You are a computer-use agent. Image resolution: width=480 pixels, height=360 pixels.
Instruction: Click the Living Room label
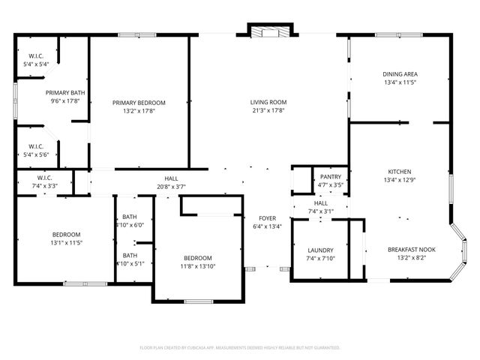pyautogui.click(x=268, y=103)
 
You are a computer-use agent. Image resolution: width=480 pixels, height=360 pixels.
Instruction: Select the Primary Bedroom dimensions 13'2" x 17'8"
pyautogui.click(x=139, y=111)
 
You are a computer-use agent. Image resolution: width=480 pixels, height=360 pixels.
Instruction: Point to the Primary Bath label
pyautogui.click(x=65, y=92)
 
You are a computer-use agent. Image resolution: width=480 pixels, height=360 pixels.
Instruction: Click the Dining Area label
pyautogui.click(x=400, y=74)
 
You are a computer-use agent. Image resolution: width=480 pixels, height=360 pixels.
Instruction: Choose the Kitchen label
pyautogui.click(x=400, y=171)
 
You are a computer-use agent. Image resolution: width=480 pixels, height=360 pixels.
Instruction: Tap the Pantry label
pyautogui.click(x=331, y=177)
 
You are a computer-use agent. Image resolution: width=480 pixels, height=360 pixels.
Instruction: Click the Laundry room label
pyautogui.click(x=320, y=250)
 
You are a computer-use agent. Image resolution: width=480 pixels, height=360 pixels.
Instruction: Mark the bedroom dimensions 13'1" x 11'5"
pyautogui.click(x=66, y=243)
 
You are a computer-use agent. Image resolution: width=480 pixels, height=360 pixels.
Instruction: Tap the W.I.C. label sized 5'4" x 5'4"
pyautogui.click(x=37, y=64)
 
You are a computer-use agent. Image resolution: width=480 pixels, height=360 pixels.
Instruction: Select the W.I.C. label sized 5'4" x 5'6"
pyautogui.click(x=37, y=154)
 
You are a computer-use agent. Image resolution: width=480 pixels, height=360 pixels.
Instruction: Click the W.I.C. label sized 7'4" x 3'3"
pyautogui.click(x=45, y=185)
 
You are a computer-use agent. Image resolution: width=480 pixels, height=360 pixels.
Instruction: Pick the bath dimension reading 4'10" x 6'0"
pyautogui.click(x=130, y=225)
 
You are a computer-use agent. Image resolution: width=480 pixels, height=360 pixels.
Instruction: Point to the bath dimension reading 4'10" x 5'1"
pyautogui.click(x=130, y=263)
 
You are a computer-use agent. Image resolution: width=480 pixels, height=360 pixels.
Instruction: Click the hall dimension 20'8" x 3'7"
pyautogui.click(x=171, y=187)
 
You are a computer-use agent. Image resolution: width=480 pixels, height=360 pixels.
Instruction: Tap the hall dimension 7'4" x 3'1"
pyautogui.click(x=320, y=211)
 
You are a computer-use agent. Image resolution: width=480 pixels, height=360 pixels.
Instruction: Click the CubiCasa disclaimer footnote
pyautogui.click(x=240, y=347)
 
